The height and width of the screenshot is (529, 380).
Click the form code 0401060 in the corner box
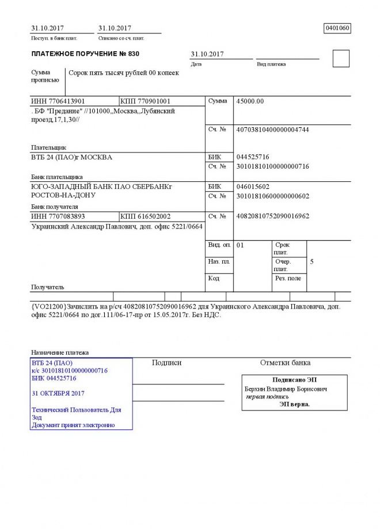pyautogui.click(x=337, y=28)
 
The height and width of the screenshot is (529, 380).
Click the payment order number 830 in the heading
pyautogui.click(x=133, y=54)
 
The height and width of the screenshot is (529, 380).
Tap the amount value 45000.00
pyautogui.click(x=250, y=101)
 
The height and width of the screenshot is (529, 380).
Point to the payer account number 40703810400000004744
pyautogui.click(x=272, y=130)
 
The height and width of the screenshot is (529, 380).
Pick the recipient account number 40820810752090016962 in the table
pyautogui.click(x=272, y=216)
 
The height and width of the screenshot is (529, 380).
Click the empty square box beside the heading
pyautogui.click(x=341, y=59)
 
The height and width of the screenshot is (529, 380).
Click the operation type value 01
pyautogui.click(x=240, y=245)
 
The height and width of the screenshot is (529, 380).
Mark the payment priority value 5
pyautogui.click(x=311, y=262)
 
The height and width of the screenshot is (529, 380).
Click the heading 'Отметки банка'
pyautogui.click(x=285, y=363)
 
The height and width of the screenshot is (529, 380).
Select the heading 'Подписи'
pyautogui.click(x=166, y=363)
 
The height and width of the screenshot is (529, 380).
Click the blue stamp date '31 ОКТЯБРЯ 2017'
pyautogui.click(x=58, y=393)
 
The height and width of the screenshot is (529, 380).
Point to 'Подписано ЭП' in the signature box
pyautogui.click(x=294, y=380)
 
